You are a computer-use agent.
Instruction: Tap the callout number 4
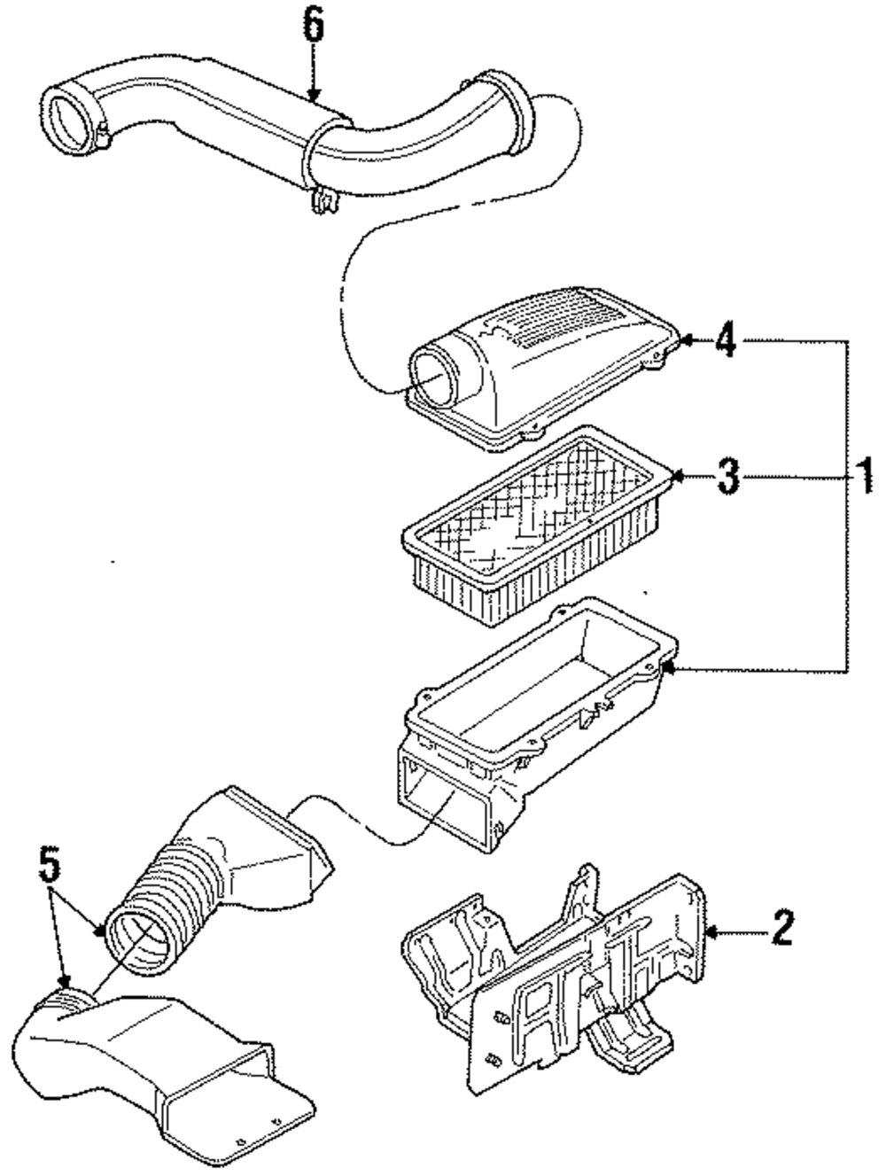[725, 340]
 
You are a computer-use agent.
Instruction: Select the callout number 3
[725, 478]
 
